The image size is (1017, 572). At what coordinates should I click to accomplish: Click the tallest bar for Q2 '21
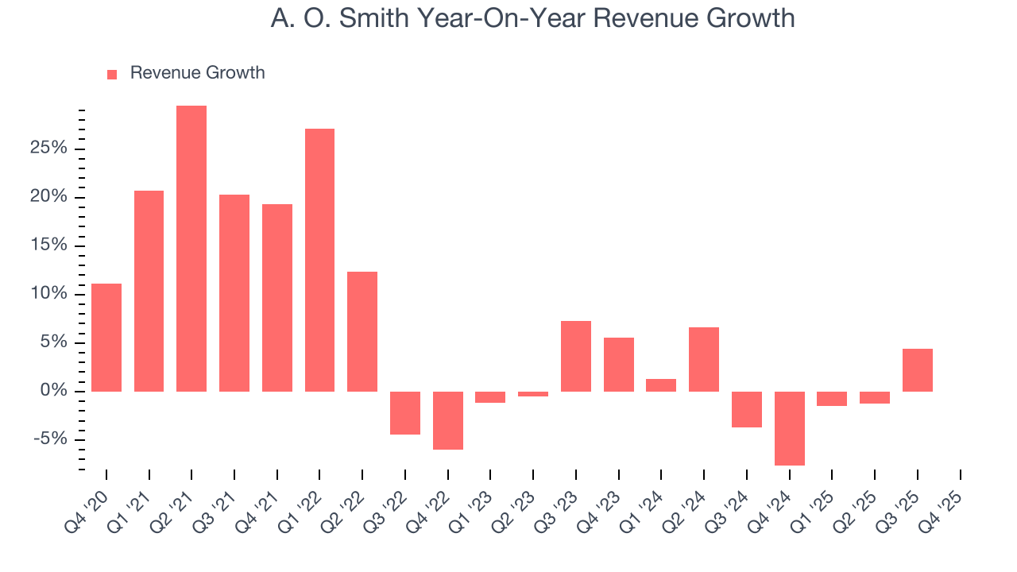[191, 249]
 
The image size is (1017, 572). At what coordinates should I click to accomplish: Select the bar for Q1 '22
[319, 260]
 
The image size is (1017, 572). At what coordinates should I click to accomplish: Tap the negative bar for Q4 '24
[790, 428]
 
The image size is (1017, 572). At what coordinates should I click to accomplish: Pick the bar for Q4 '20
[106, 338]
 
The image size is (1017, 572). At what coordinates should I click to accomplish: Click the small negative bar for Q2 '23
[533, 394]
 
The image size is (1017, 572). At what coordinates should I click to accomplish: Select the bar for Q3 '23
[576, 356]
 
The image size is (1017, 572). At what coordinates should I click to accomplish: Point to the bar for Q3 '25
[918, 370]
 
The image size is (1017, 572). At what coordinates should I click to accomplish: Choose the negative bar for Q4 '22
[448, 420]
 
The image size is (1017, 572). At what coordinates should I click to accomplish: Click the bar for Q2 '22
[362, 331]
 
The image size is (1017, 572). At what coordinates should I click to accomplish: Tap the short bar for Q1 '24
[661, 385]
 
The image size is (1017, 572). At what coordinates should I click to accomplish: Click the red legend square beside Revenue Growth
[112, 75]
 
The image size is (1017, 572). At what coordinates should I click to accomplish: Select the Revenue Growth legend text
[197, 73]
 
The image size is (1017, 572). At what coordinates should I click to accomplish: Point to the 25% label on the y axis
[49, 149]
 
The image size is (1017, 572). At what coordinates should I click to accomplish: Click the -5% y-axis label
[50, 439]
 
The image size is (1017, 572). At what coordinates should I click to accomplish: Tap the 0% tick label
[54, 391]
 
